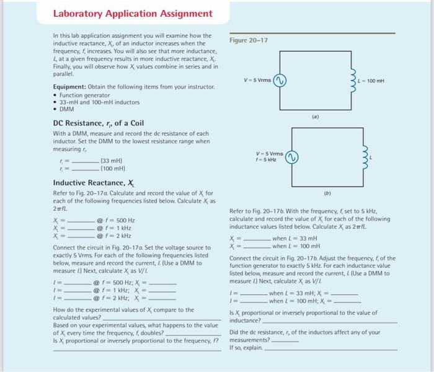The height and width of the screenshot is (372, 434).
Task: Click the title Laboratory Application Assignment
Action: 133,14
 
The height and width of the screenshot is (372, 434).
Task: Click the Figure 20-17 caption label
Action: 249,40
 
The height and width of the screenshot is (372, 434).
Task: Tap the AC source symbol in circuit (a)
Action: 280,81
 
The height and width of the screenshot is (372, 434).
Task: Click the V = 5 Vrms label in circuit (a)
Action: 257,81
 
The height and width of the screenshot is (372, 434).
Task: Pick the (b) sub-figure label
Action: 327,193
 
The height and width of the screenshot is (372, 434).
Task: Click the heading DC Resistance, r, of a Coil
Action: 98,123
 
